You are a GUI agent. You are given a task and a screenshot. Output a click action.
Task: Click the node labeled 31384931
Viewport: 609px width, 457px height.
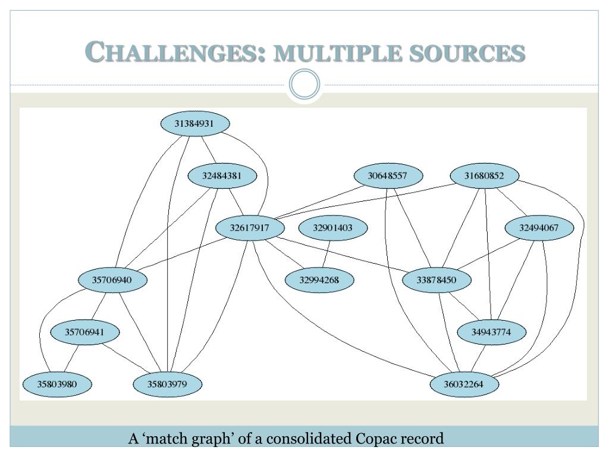coord(195,124)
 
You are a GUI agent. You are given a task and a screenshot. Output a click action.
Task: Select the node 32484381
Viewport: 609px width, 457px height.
coord(222,176)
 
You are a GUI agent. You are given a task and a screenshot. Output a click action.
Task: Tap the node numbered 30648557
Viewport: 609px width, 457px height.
coord(388,176)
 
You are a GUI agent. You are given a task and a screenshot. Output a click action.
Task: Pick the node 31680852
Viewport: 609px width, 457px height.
coord(484,176)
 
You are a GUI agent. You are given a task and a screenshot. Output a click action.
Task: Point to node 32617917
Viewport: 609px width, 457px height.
coord(250,228)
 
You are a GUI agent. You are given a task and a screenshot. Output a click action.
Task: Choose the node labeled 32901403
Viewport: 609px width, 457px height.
coord(332,228)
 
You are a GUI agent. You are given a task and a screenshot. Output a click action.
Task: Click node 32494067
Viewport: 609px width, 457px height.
coord(539,228)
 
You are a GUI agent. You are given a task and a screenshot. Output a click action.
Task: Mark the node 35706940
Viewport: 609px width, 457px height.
coord(112,280)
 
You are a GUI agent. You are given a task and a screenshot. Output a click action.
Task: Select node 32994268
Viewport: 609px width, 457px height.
coord(319,280)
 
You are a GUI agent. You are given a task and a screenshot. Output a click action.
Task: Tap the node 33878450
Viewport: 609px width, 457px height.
coord(437,280)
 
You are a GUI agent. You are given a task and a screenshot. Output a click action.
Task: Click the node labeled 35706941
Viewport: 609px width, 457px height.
coord(84,332)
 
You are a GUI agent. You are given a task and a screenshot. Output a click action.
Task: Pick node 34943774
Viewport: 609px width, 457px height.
coord(491,332)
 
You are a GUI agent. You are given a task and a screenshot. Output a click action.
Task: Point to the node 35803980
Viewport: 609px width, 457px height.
coord(57,384)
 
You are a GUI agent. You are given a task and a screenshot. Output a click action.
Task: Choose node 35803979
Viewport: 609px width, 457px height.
coord(167,384)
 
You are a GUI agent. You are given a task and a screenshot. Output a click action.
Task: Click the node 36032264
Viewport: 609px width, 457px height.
coord(464,384)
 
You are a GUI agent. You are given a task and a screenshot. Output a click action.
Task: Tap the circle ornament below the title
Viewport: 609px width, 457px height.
coord(304,86)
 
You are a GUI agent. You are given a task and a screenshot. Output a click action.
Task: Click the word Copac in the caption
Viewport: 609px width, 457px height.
coord(375,439)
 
